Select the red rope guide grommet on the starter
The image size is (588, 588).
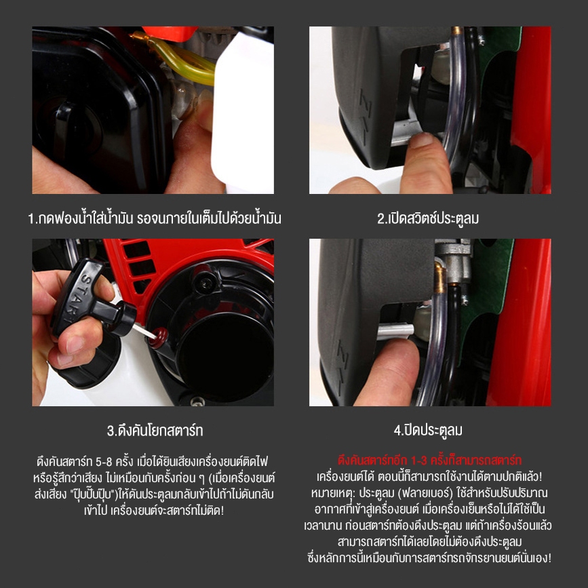click(x=159, y=338)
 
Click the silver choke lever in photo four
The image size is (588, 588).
click(x=395, y=331)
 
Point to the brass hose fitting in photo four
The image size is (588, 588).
click(x=440, y=278)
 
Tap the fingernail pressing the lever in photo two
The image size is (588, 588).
click(x=421, y=140)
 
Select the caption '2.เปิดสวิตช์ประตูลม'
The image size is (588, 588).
click(x=428, y=218)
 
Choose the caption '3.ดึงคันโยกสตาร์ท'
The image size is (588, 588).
click(x=155, y=430)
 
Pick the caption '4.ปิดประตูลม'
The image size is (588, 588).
click(x=428, y=430)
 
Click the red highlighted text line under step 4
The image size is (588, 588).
click(x=429, y=460)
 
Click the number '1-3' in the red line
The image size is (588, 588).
click(x=419, y=460)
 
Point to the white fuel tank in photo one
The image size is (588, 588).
click(x=243, y=113)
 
